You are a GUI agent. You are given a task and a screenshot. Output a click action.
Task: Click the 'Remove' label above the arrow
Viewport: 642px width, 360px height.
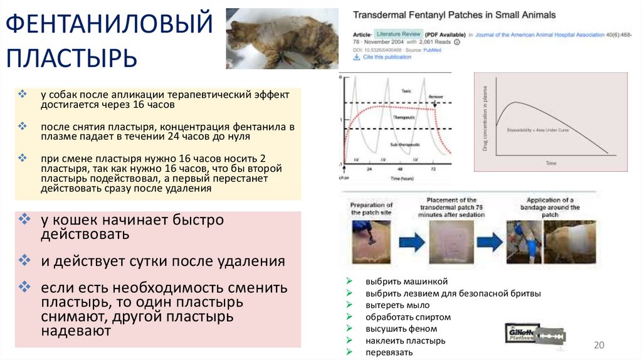coord(435,97)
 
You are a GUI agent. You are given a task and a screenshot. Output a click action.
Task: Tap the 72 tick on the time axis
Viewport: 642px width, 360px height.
coord(432,169)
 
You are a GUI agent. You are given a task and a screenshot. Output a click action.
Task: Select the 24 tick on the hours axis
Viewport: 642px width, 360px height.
coord(369,169)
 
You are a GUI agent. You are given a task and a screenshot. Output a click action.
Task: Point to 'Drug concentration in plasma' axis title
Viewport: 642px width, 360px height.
coord(485,121)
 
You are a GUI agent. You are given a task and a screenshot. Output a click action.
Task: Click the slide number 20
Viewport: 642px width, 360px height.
coord(598,346)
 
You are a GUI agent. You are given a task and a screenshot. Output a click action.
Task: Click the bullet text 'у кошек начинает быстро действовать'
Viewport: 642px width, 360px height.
coord(132,227)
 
